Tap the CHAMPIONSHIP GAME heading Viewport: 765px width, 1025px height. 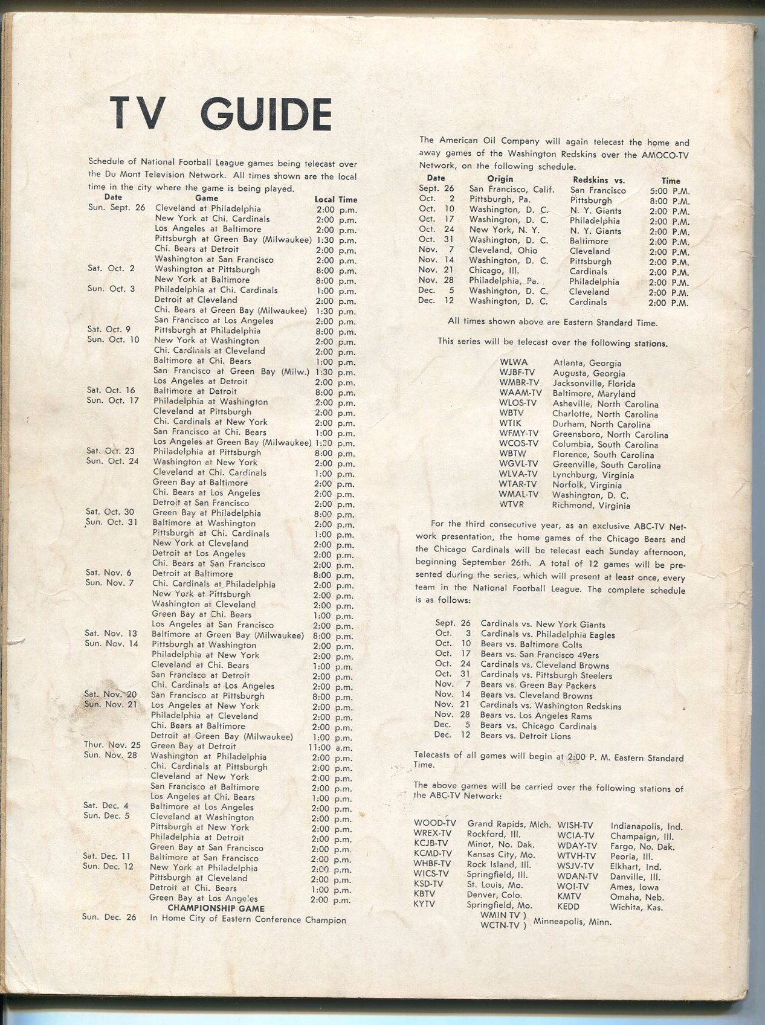click(216, 908)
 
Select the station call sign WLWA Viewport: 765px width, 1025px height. click(514, 362)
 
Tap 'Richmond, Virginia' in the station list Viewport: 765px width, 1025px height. click(591, 506)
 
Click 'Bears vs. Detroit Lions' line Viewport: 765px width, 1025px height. click(526, 736)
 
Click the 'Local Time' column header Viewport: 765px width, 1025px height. click(335, 199)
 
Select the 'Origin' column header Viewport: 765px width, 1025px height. click(500, 179)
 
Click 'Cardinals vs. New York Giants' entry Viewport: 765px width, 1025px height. click(543, 625)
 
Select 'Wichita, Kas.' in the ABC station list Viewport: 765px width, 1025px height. click(636, 907)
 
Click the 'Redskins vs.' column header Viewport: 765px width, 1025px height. click(599, 180)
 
